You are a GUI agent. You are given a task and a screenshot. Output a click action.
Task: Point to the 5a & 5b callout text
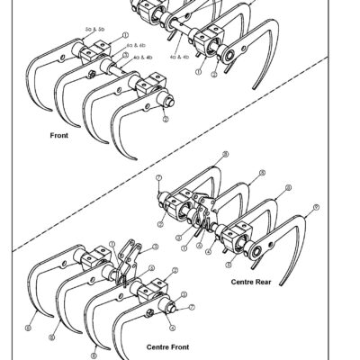click(x=94, y=30)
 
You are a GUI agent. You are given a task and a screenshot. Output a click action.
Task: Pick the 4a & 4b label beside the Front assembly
click(x=142, y=57)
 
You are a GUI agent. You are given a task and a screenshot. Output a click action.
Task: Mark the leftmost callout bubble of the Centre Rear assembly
click(x=158, y=179)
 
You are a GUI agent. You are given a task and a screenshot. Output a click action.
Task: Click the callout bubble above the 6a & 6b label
click(x=125, y=35)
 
